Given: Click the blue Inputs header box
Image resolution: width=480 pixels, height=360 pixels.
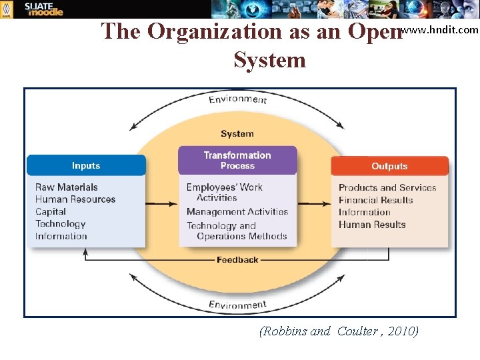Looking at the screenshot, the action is tap(86, 165).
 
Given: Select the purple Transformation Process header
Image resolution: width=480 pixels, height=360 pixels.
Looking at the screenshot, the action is tap(237, 160).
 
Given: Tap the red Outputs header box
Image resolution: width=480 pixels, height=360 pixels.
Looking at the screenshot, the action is tap(389, 166).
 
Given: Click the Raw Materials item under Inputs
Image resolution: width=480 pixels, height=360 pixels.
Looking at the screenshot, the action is tap(67, 187).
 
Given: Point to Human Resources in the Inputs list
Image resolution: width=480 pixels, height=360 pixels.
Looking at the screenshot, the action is tap(75, 199).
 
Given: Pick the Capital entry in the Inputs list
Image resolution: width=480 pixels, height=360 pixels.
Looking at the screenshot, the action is tap(51, 211).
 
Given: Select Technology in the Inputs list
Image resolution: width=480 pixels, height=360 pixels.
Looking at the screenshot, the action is tap(61, 224).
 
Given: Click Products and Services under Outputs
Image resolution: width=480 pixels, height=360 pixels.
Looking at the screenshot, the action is tap(387, 187).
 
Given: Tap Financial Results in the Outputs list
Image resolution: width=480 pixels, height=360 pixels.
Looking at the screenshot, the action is tap(375, 200).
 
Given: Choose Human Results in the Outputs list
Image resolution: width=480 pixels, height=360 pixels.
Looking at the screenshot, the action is tap(372, 225).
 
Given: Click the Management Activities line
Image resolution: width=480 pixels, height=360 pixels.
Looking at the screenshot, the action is tap(237, 211).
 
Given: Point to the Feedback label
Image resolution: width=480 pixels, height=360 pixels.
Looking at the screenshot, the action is tap(237, 259).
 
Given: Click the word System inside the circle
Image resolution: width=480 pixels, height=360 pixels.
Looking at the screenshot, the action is tap(237, 133).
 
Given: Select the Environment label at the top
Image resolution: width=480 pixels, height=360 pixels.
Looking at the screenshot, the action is tap(238, 99).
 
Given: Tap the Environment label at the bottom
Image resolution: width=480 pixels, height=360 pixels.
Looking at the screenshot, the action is tap(238, 305).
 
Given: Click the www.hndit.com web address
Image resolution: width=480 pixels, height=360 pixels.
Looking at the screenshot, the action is tap(441, 29).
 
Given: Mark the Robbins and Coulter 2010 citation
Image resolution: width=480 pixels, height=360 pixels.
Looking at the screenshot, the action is tap(339, 331).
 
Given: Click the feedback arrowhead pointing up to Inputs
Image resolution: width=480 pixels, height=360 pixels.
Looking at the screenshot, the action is tap(85, 252).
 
